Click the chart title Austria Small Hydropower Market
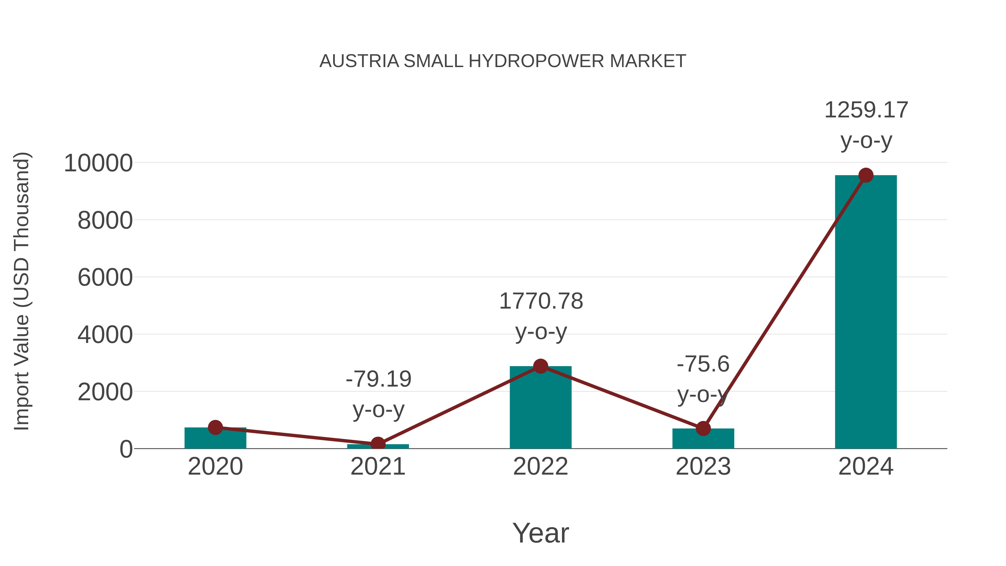(503, 61)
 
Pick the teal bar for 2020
(215, 438)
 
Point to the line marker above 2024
(866, 175)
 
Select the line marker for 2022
(540, 366)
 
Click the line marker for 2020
(215, 427)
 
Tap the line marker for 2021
(378, 444)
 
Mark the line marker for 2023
(703, 428)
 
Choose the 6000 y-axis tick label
(105, 278)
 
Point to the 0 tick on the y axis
(126, 449)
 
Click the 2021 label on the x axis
(378, 466)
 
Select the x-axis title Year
(540, 533)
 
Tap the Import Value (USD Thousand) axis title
(22, 291)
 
